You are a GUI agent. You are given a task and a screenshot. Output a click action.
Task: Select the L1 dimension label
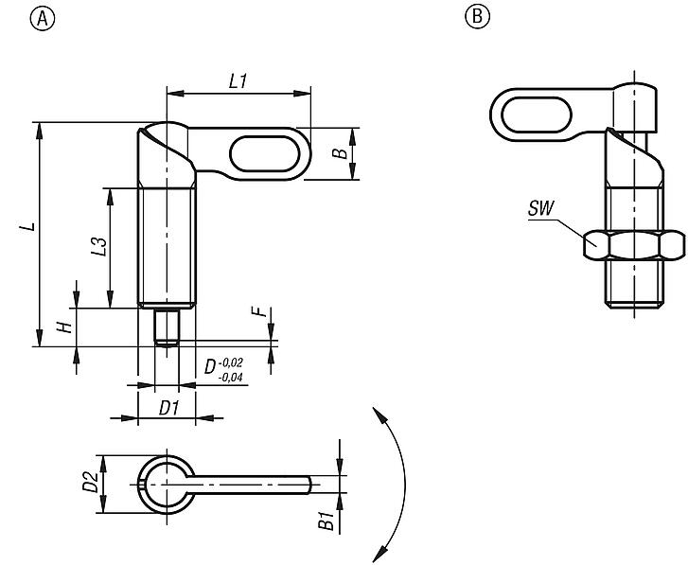pyautogui.click(x=238, y=82)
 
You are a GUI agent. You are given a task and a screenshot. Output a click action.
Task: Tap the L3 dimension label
pyautogui.click(x=97, y=247)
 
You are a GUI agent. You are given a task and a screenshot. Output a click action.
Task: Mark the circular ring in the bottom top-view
pyautogui.click(x=167, y=485)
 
